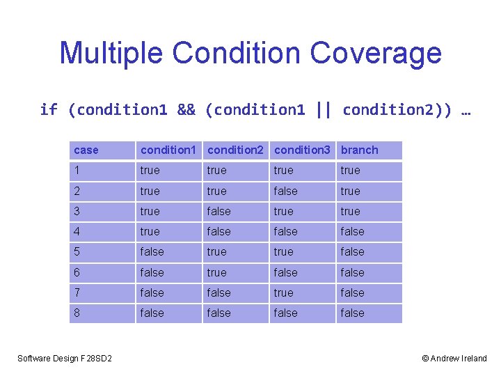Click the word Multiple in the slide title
click(111, 53)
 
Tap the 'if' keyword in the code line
click(49, 109)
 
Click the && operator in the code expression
click(186, 109)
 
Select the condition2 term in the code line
click(394, 109)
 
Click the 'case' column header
click(86, 150)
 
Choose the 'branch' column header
click(360, 150)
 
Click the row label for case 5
click(77, 252)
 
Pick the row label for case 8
click(77, 313)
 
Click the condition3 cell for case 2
click(285, 191)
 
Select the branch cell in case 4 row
click(352, 232)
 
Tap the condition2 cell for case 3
click(218, 212)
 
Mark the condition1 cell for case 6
click(152, 273)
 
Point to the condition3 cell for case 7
click(284, 293)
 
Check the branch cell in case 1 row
click(351, 171)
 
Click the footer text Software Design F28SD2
click(65, 359)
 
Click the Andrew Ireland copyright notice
click(454, 359)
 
